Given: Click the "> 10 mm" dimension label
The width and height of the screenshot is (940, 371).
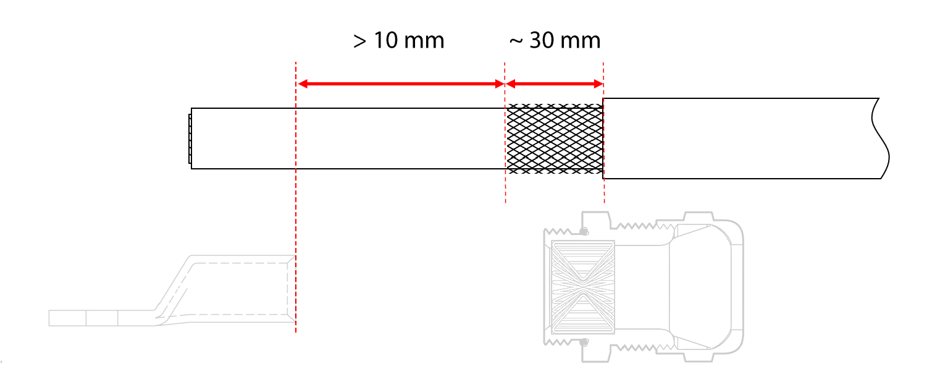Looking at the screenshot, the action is [398, 41].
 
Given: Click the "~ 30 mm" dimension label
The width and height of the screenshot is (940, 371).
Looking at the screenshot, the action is [555, 41].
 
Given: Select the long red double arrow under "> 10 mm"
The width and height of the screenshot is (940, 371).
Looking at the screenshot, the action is [401, 84].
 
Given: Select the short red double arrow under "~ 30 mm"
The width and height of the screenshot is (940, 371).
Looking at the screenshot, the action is [555, 84].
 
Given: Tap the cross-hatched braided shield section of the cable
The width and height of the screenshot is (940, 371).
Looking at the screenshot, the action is [555, 139].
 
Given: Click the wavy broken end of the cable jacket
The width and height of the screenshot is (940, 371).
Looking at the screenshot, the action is [881, 139].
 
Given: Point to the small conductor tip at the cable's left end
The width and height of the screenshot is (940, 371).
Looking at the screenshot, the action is [190, 139].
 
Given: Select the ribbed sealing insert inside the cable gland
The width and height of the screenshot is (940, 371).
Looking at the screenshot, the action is [583, 287].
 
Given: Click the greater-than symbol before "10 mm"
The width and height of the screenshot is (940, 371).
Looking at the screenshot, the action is [359, 41].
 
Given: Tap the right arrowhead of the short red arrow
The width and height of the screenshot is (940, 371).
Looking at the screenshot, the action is [598, 84].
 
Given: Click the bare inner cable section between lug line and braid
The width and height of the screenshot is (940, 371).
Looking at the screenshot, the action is [401, 139].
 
